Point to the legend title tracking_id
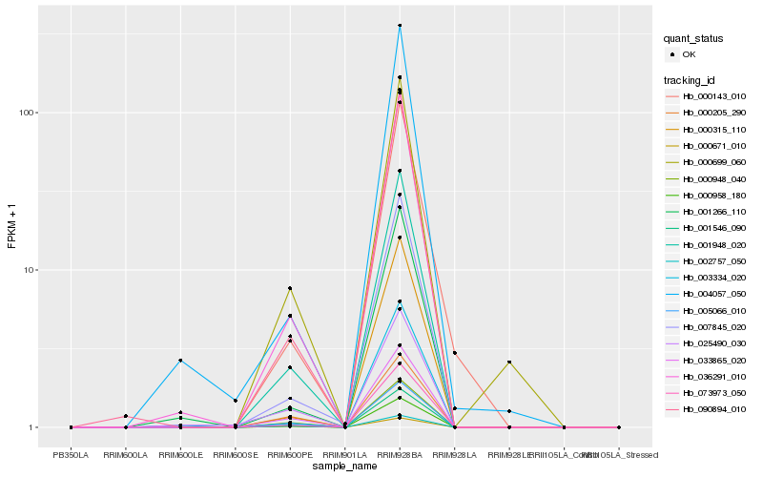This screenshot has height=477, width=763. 691,79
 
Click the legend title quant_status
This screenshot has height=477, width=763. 694,38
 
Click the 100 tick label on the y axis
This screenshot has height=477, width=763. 28,113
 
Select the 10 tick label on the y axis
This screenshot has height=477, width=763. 31,270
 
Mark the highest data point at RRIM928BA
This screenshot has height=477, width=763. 400,26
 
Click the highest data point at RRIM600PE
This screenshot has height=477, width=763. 290,288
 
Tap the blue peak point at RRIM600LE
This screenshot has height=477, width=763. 180,361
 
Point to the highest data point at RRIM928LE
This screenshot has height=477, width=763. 509,363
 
